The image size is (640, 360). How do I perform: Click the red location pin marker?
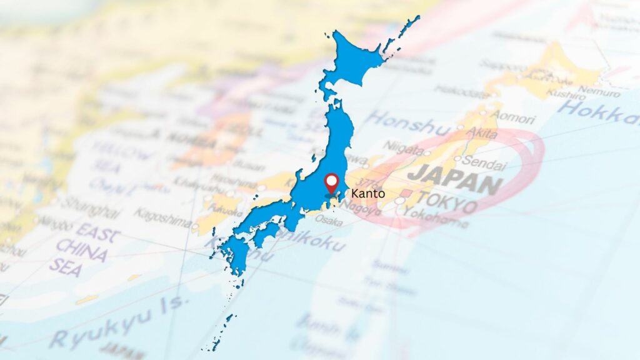click(332, 183)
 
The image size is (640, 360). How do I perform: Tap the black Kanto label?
click(369, 194)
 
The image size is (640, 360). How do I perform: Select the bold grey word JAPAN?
click(455, 178)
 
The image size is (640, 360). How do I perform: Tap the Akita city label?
click(481, 134)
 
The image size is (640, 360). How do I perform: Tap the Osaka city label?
click(328, 219)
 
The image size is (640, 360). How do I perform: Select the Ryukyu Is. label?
click(119, 322)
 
